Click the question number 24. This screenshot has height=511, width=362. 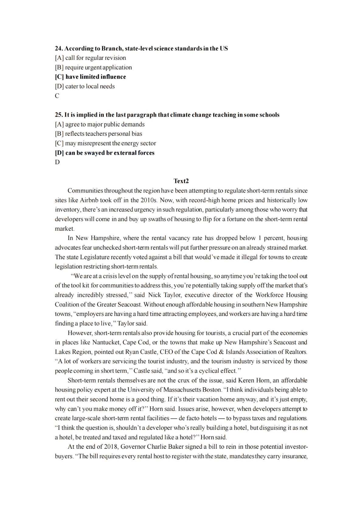tap(59, 49)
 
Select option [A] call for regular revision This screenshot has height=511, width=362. tap(90, 58)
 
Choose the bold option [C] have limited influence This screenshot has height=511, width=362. tap(90, 77)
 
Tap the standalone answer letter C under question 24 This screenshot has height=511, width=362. tap(57, 96)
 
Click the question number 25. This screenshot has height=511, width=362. tap(59, 115)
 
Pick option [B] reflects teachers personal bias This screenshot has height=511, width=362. tap(99, 134)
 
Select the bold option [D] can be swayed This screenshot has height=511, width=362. tap(105, 153)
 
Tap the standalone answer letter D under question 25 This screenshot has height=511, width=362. tap(57, 162)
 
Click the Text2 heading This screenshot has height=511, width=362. tap(181, 181)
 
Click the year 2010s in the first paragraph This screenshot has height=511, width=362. tap(148, 200)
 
